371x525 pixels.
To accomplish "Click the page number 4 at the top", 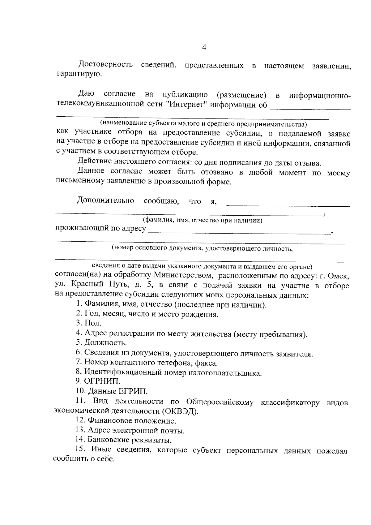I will [x=204, y=47].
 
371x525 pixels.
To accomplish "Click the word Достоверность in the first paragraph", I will [x=105, y=65].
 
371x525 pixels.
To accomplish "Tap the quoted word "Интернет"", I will [x=186, y=104].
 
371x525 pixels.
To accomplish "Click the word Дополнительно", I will [x=105, y=200].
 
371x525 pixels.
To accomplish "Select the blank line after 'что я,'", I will [x=288, y=205].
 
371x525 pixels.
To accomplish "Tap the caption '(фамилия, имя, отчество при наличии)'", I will [x=202, y=220].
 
